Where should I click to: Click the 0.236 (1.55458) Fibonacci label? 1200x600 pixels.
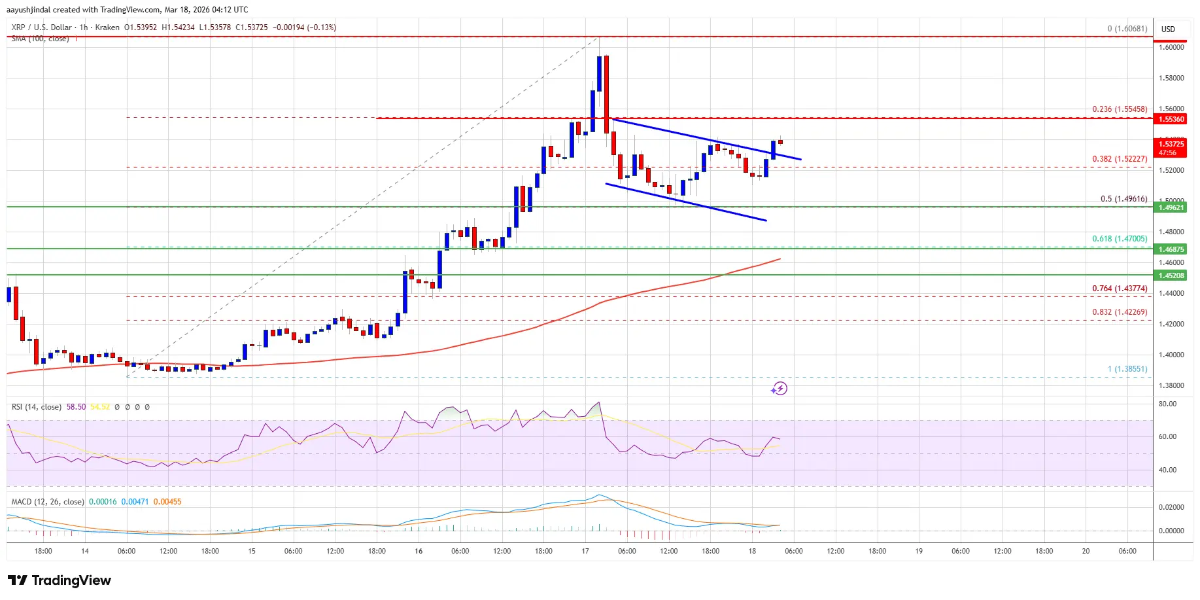(x=1119, y=109)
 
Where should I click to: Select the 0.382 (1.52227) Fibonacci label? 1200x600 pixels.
(x=1119, y=159)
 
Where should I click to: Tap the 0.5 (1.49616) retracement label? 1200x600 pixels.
(x=1123, y=199)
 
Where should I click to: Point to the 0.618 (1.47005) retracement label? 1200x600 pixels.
(x=1119, y=239)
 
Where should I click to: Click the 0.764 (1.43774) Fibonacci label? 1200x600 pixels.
(x=1119, y=289)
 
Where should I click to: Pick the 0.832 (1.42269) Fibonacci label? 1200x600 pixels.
(x=1119, y=312)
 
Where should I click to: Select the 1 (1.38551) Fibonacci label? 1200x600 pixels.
(x=1127, y=369)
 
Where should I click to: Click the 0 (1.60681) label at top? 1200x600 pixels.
(x=1127, y=29)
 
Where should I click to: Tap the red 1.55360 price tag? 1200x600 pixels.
(x=1171, y=119)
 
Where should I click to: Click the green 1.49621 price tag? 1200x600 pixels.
(x=1171, y=207)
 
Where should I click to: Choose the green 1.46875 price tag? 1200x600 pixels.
(x=1171, y=249)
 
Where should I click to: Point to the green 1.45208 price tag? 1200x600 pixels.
(x=1171, y=275)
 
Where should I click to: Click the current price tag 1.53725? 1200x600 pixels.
(x=1171, y=144)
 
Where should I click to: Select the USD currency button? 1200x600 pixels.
(x=1168, y=29)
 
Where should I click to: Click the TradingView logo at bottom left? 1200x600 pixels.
(x=60, y=580)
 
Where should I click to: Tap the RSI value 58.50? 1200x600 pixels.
(x=76, y=407)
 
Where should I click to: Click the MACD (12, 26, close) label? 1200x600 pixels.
(x=48, y=502)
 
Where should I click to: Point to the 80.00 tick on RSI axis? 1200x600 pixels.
(x=1167, y=404)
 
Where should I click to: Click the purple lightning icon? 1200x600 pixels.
(x=779, y=389)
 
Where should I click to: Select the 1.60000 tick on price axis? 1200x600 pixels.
(x=1171, y=47)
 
